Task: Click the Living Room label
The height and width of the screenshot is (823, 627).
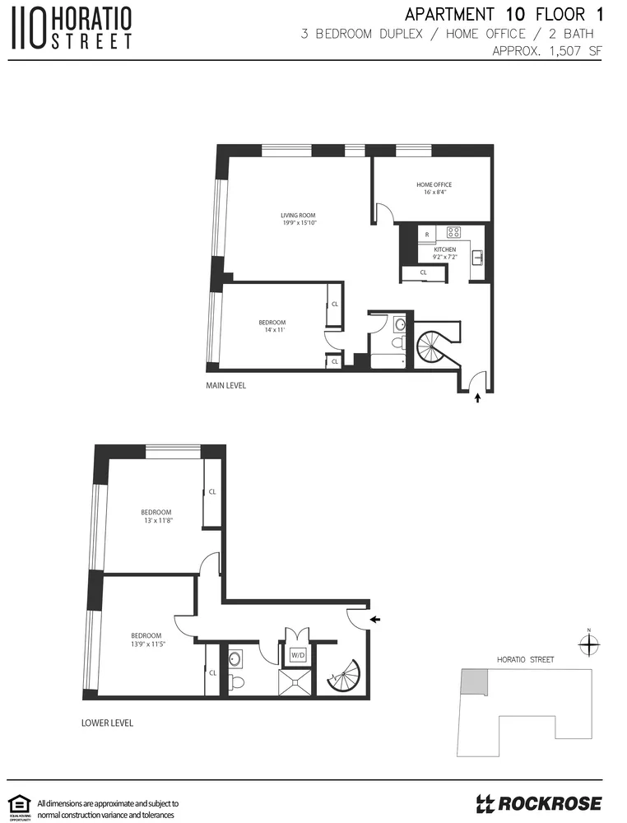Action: [x=298, y=216]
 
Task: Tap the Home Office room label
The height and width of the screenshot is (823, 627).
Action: [x=434, y=185]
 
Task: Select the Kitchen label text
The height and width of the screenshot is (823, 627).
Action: [x=445, y=249]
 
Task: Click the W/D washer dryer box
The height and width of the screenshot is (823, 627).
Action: [x=297, y=655]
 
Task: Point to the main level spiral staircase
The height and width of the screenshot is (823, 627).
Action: [x=434, y=346]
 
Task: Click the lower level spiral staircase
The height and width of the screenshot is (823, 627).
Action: [x=343, y=677]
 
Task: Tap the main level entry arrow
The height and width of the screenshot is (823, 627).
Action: [x=479, y=400]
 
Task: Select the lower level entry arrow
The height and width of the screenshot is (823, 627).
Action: [x=375, y=619]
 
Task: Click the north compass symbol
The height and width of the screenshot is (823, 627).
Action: [x=589, y=646]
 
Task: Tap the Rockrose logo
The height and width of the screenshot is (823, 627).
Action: [x=539, y=802]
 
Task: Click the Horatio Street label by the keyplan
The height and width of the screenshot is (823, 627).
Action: [x=526, y=660]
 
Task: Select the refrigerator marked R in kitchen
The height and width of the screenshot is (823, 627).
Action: [x=427, y=234]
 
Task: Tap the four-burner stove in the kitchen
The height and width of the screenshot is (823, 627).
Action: [x=453, y=232]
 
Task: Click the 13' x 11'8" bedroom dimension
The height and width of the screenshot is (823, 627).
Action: [x=156, y=520]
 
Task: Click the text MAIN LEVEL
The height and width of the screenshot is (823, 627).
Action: [x=225, y=385]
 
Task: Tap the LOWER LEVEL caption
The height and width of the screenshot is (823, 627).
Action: [x=107, y=723]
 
